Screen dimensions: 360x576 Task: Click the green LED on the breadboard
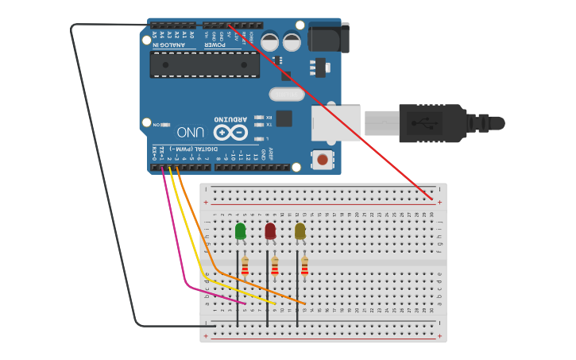[240, 230]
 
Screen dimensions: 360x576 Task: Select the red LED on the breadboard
[270, 230]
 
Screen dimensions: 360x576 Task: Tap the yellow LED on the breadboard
[300, 230]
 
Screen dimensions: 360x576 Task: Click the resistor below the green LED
[245, 265]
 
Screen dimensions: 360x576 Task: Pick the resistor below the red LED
[275, 265]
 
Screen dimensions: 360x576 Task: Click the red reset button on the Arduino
[322, 160]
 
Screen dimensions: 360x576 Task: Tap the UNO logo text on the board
[191, 132]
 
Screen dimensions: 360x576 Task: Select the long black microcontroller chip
[205, 65]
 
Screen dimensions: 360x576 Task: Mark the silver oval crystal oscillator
[286, 95]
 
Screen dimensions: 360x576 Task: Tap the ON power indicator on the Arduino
[157, 125]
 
